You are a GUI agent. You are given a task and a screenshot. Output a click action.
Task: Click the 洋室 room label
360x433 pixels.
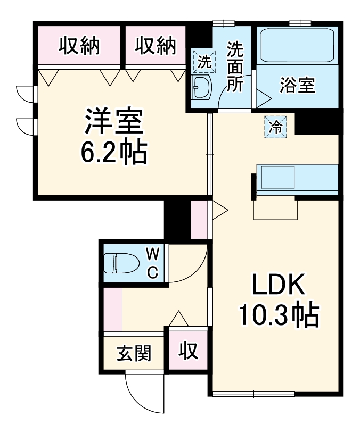pyautogui.click(x=113, y=122)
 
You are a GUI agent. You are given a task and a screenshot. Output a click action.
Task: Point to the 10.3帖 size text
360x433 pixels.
pyautogui.click(x=277, y=316)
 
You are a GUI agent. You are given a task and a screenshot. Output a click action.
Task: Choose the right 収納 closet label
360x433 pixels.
pyautogui.click(x=155, y=47)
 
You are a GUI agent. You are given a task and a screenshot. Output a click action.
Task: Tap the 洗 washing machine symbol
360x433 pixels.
pyautogui.click(x=204, y=61)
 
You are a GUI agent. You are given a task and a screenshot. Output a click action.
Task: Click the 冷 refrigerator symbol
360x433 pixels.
pyautogui.click(x=276, y=127)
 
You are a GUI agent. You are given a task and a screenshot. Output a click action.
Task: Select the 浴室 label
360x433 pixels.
pyautogui.click(x=298, y=85)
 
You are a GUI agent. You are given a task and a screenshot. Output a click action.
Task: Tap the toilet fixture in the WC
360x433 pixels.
pyautogui.click(x=120, y=263)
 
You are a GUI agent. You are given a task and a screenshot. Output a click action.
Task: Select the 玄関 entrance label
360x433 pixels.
pyautogui.click(x=134, y=353)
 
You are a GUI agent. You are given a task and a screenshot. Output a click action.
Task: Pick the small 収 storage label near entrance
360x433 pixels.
pyautogui.click(x=187, y=351)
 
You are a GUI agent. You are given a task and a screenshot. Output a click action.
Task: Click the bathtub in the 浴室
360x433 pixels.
pyautogui.click(x=297, y=45)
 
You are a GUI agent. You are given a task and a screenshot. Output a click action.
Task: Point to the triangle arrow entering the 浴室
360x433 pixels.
pyautogui.click(x=263, y=98)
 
